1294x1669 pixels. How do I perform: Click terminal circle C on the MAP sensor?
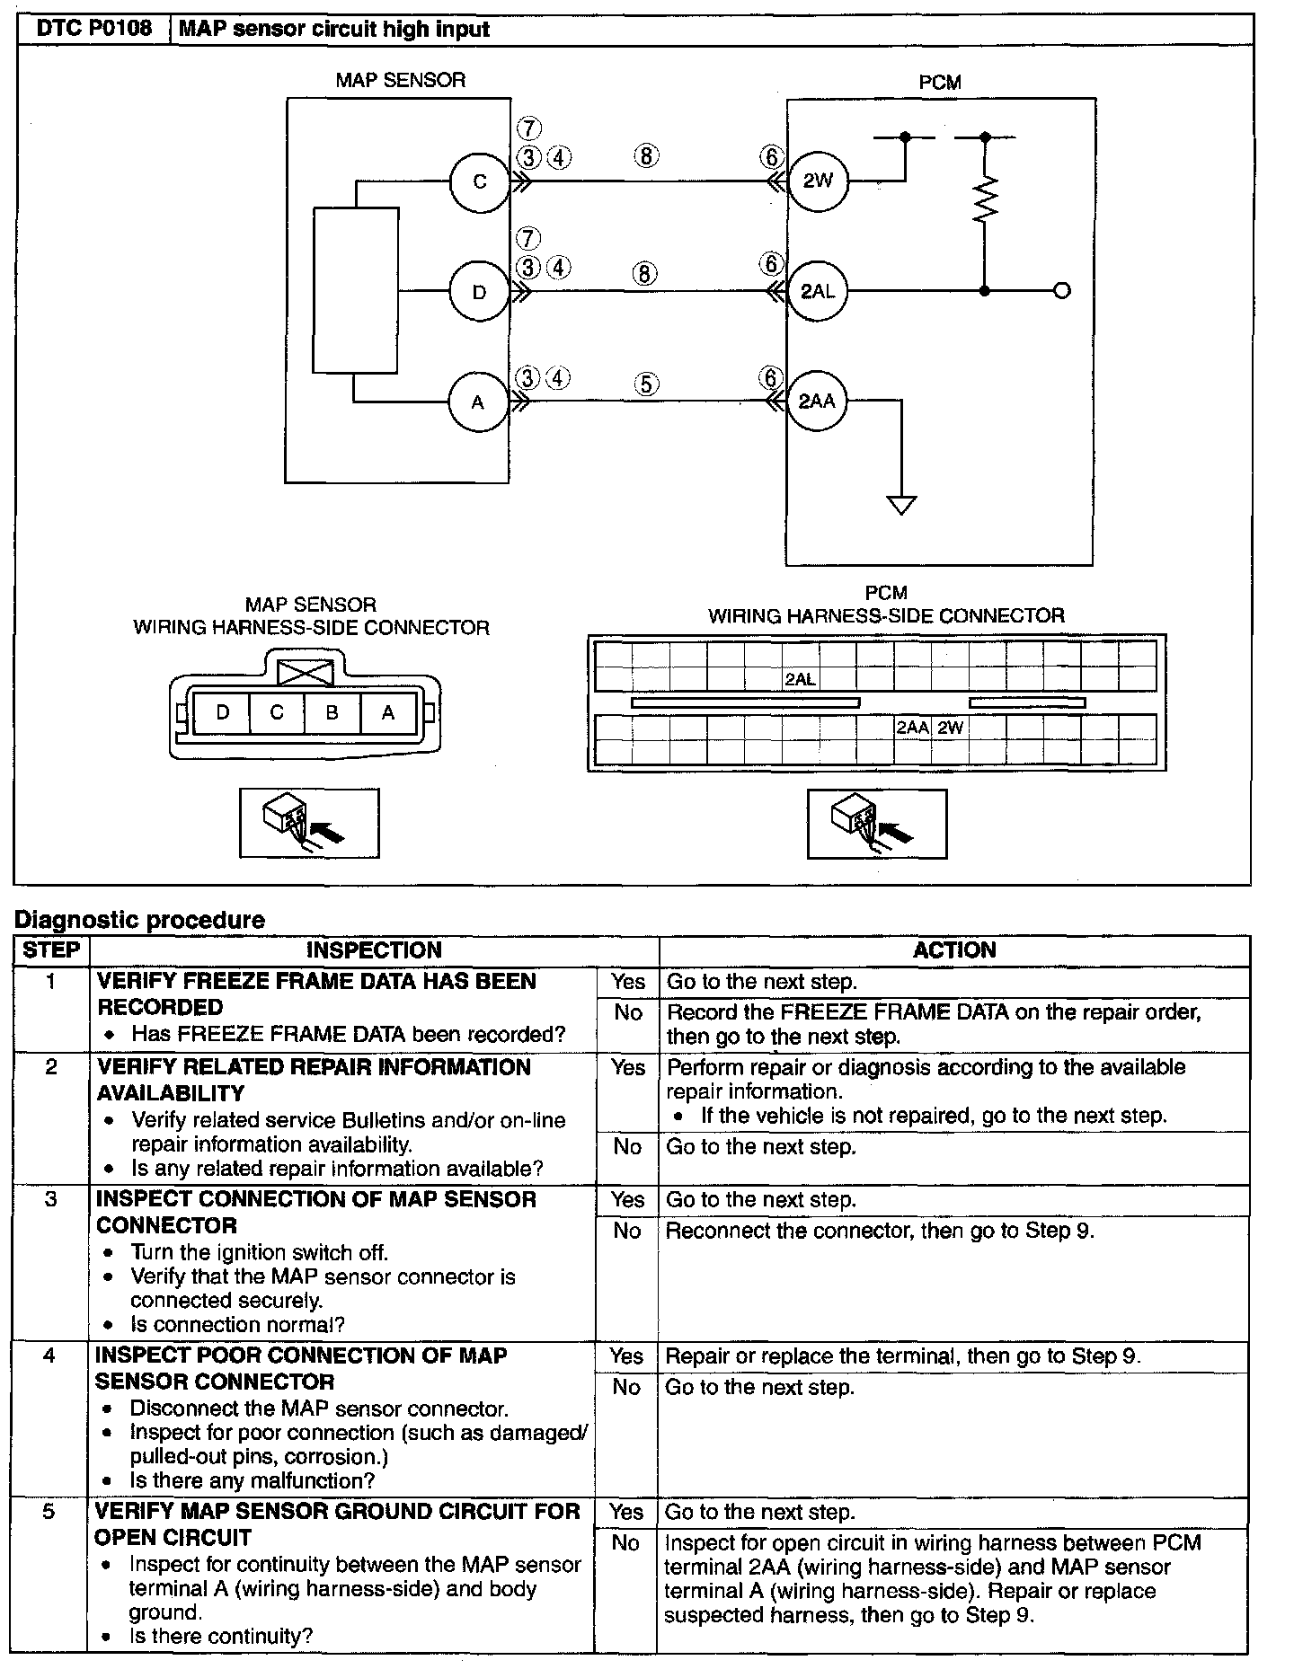(x=480, y=181)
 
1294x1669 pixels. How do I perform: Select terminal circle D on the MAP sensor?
(x=480, y=292)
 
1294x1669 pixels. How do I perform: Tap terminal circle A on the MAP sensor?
(x=478, y=402)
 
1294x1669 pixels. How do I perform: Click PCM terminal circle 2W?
(x=818, y=181)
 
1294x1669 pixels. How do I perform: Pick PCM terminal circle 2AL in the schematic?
(x=818, y=291)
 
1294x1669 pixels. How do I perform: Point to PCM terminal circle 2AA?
(x=817, y=401)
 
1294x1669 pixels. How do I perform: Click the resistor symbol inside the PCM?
(x=986, y=200)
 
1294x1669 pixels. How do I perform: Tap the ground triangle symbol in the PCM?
(x=901, y=505)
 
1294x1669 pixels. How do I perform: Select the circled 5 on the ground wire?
(x=646, y=384)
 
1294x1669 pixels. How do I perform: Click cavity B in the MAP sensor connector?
(x=332, y=713)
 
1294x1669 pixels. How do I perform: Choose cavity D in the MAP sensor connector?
(x=223, y=713)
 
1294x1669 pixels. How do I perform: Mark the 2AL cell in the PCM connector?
(x=800, y=680)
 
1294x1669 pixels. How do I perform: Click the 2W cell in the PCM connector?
(x=950, y=728)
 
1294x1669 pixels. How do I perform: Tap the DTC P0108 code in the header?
(x=94, y=29)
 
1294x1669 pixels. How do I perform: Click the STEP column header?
(x=51, y=950)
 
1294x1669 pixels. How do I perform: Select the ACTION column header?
(x=954, y=950)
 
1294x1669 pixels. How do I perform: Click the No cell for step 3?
(x=627, y=1231)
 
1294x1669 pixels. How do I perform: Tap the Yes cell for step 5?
(x=626, y=1512)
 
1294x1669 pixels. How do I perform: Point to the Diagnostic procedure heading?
(x=140, y=920)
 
